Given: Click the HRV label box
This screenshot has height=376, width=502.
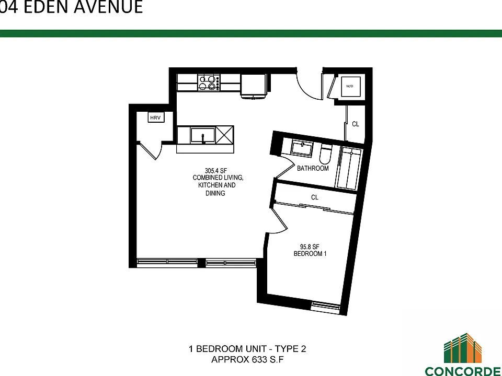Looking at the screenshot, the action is (156, 118).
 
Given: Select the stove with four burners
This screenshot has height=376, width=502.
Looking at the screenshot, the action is (209, 83).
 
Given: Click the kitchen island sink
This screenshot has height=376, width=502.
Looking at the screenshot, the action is (203, 135).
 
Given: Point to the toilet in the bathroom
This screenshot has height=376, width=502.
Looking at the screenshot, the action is (326, 155).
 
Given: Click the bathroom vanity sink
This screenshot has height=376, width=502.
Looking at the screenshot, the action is (302, 149).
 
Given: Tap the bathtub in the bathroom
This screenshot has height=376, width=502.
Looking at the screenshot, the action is (348, 168).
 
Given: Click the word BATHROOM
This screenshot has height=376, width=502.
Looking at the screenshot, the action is (313, 168).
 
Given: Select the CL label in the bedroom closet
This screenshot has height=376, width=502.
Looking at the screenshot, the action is (315, 197).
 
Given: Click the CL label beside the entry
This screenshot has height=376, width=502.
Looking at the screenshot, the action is (356, 124).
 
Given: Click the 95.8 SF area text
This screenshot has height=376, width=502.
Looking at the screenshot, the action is (310, 247).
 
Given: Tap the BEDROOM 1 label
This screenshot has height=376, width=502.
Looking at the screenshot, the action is (310, 254).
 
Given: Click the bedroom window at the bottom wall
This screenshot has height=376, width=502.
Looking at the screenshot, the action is (326, 306).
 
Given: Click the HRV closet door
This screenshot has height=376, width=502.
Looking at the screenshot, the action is (148, 151).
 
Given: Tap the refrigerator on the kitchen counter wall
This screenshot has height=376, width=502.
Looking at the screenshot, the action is (254, 86).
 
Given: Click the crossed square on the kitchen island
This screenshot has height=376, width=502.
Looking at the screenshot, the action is (225, 135).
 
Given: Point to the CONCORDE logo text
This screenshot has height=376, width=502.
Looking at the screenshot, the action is (463, 371).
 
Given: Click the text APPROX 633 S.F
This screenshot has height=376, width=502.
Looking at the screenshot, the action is (247, 360).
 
